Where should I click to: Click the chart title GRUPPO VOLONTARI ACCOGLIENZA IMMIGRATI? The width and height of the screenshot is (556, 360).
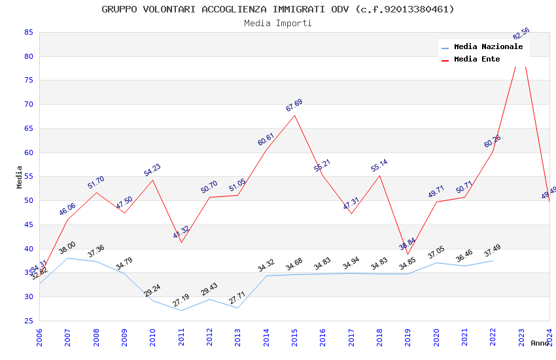tap(278, 9)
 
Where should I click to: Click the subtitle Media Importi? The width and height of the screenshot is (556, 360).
tap(278, 23)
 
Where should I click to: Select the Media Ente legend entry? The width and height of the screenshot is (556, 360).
tap(477, 60)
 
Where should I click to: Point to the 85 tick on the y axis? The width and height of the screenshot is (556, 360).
tap(28, 32)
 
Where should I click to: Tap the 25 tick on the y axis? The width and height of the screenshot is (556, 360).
tap(28, 321)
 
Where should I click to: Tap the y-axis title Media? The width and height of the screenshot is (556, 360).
tap(20, 177)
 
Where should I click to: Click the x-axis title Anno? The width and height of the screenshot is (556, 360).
tap(540, 343)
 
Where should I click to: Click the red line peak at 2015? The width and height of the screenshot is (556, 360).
tap(294, 115)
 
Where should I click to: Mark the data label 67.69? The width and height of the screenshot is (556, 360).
tap(294, 105)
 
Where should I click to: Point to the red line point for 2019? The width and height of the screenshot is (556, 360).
tap(408, 254)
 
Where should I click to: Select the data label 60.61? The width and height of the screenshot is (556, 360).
tap(266, 139)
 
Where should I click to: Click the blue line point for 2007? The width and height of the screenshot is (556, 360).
tap(67, 258)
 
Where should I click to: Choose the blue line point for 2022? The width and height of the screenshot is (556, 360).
tap(493, 261)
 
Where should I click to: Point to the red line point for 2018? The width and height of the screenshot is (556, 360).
tap(379, 175)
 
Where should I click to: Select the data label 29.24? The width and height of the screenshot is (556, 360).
tap(152, 291)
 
